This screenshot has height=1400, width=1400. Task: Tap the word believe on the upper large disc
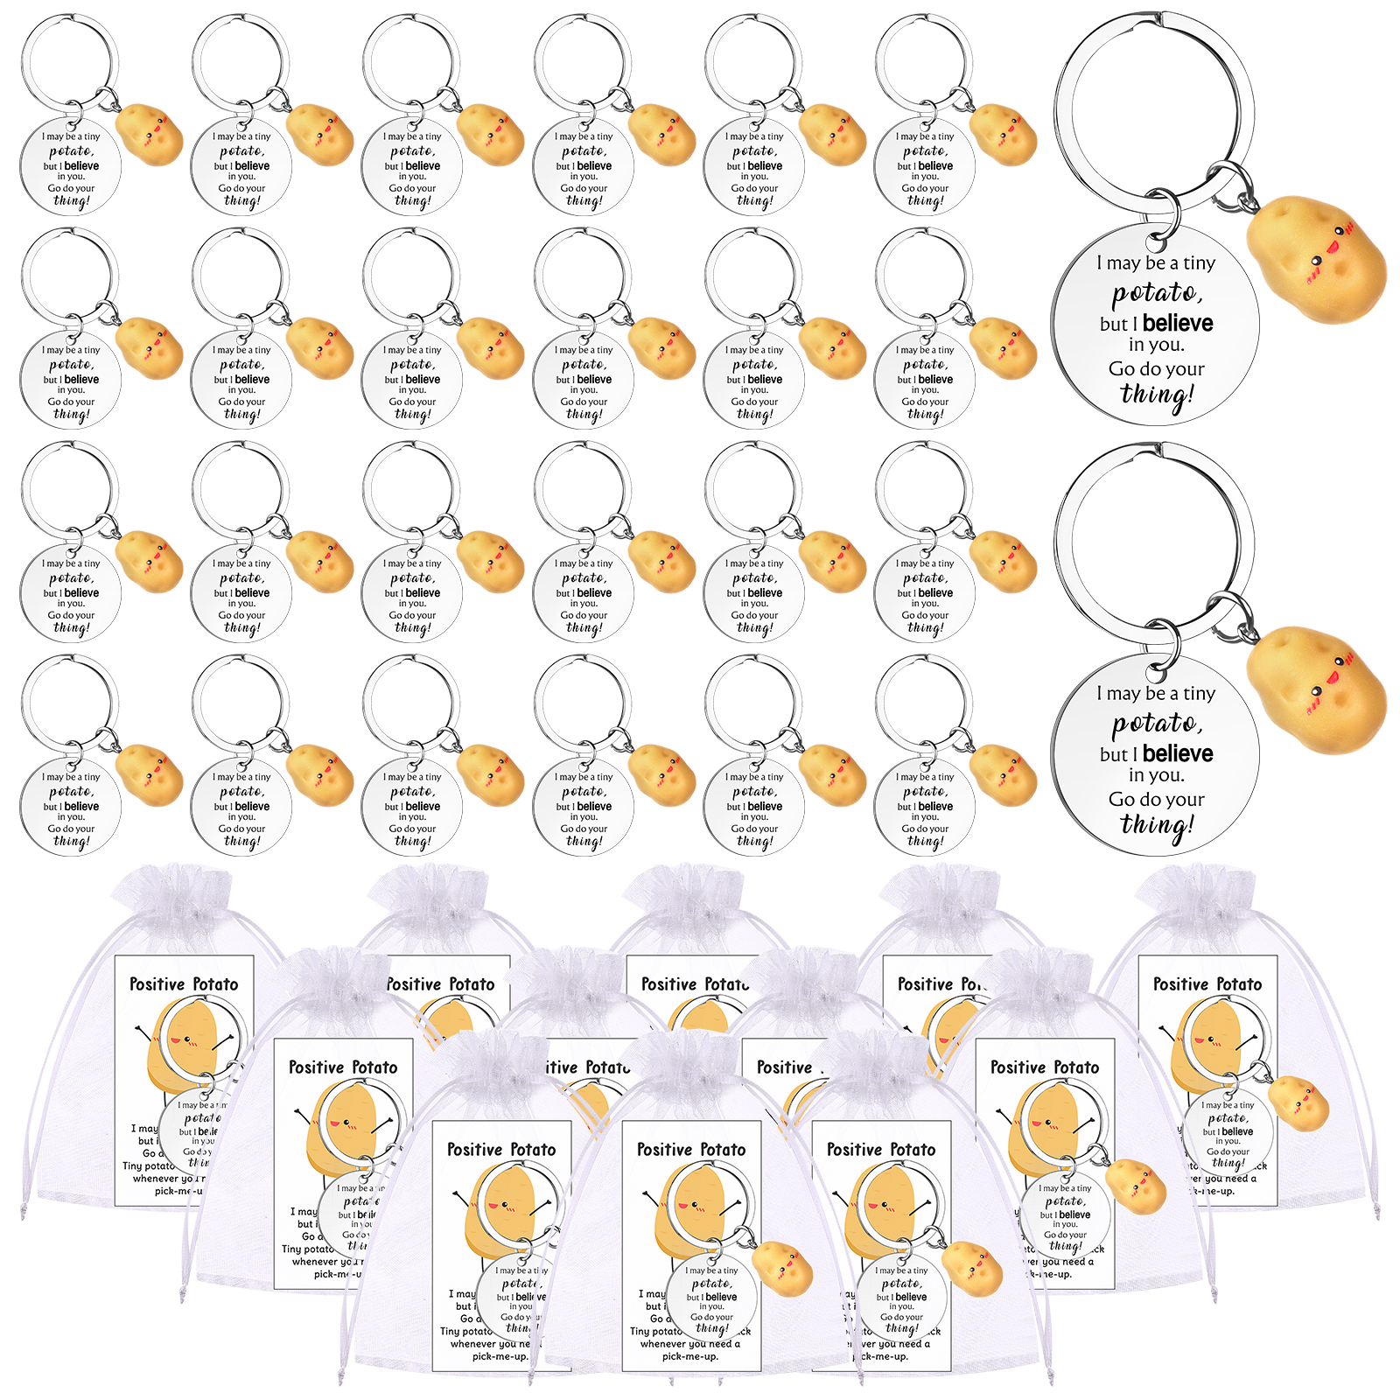(x=1177, y=323)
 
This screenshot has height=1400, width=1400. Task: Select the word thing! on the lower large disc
(x=1157, y=825)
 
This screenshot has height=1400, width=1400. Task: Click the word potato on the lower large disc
(x=1157, y=723)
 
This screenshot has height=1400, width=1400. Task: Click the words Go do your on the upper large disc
(x=1156, y=368)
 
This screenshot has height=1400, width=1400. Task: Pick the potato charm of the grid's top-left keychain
(x=150, y=135)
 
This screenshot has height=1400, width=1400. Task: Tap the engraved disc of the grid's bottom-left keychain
(x=70, y=805)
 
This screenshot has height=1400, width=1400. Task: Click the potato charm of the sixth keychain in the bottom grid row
(x=1004, y=774)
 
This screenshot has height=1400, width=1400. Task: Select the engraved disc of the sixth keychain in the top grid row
(x=925, y=166)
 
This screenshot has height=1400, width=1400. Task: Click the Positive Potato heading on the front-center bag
(x=691, y=1149)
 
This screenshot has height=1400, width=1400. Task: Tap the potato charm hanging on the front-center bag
(x=781, y=1269)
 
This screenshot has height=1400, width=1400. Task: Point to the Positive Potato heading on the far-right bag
(x=1207, y=983)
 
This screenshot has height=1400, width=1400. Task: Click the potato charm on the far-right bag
(x=1298, y=1104)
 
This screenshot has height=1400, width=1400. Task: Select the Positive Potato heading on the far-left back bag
(x=184, y=983)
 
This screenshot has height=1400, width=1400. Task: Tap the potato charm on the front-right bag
(x=971, y=1269)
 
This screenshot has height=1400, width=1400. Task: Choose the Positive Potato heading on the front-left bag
(x=501, y=1149)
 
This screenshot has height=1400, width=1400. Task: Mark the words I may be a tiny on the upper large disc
(x=1156, y=262)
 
